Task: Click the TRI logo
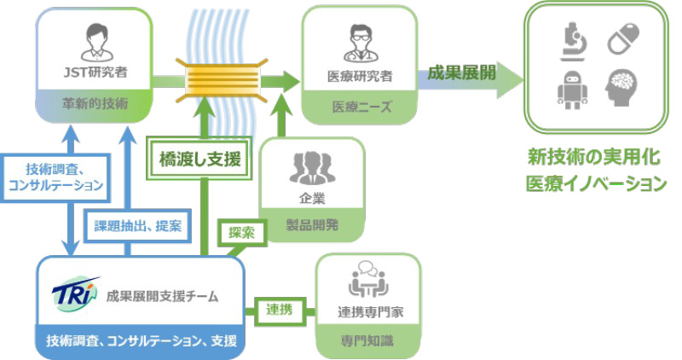[78, 293]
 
